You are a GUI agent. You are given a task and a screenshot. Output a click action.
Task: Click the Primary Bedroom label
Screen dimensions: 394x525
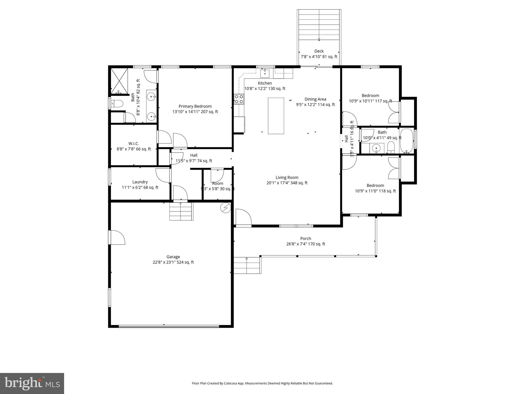pos(195,106)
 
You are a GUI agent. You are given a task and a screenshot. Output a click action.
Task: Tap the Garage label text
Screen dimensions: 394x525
pos(173,257)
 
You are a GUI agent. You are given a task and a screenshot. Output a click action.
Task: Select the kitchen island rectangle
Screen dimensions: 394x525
pos(276,116)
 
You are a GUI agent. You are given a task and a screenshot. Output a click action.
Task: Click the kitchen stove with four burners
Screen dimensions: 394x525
pos(239,99)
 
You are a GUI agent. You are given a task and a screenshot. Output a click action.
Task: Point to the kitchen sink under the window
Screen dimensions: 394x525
pos(265,73)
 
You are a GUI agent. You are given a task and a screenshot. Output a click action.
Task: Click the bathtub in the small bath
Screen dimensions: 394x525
pos(407,141)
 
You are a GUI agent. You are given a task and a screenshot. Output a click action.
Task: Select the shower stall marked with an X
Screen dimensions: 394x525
pos(119,81)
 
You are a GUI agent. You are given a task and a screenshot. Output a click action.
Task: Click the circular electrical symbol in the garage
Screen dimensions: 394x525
pos(226,208)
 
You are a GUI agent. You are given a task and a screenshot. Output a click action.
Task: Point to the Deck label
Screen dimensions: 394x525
pos(319,51)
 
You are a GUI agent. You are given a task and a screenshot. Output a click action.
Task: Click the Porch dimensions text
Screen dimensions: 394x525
pos(306,244)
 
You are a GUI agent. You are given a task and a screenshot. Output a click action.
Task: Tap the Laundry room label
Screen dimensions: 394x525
pos(140,182)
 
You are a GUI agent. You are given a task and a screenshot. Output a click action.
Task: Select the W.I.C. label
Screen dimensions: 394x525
pos(134,144)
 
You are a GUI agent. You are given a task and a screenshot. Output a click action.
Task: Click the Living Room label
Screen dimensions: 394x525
pos(287,178)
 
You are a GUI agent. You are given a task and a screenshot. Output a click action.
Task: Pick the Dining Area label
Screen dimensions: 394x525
pos(315,99)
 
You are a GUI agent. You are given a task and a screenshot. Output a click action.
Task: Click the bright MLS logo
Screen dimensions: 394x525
pos(32,383)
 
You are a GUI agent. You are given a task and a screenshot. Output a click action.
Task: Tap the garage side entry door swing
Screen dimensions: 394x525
pos(117,238)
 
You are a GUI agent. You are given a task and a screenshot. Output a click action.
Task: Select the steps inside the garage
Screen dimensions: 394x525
pos(181,211)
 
